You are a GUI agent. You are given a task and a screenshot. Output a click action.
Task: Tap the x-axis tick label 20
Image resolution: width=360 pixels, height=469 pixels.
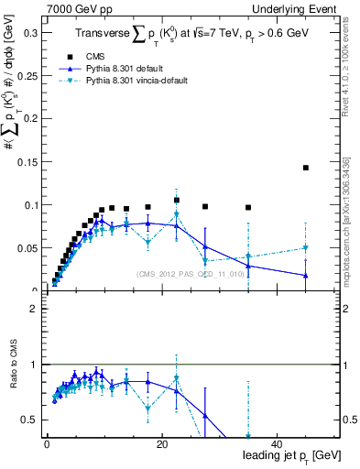161,443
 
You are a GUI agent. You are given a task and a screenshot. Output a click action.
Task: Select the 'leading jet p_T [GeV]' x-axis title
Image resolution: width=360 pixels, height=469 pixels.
289,455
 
